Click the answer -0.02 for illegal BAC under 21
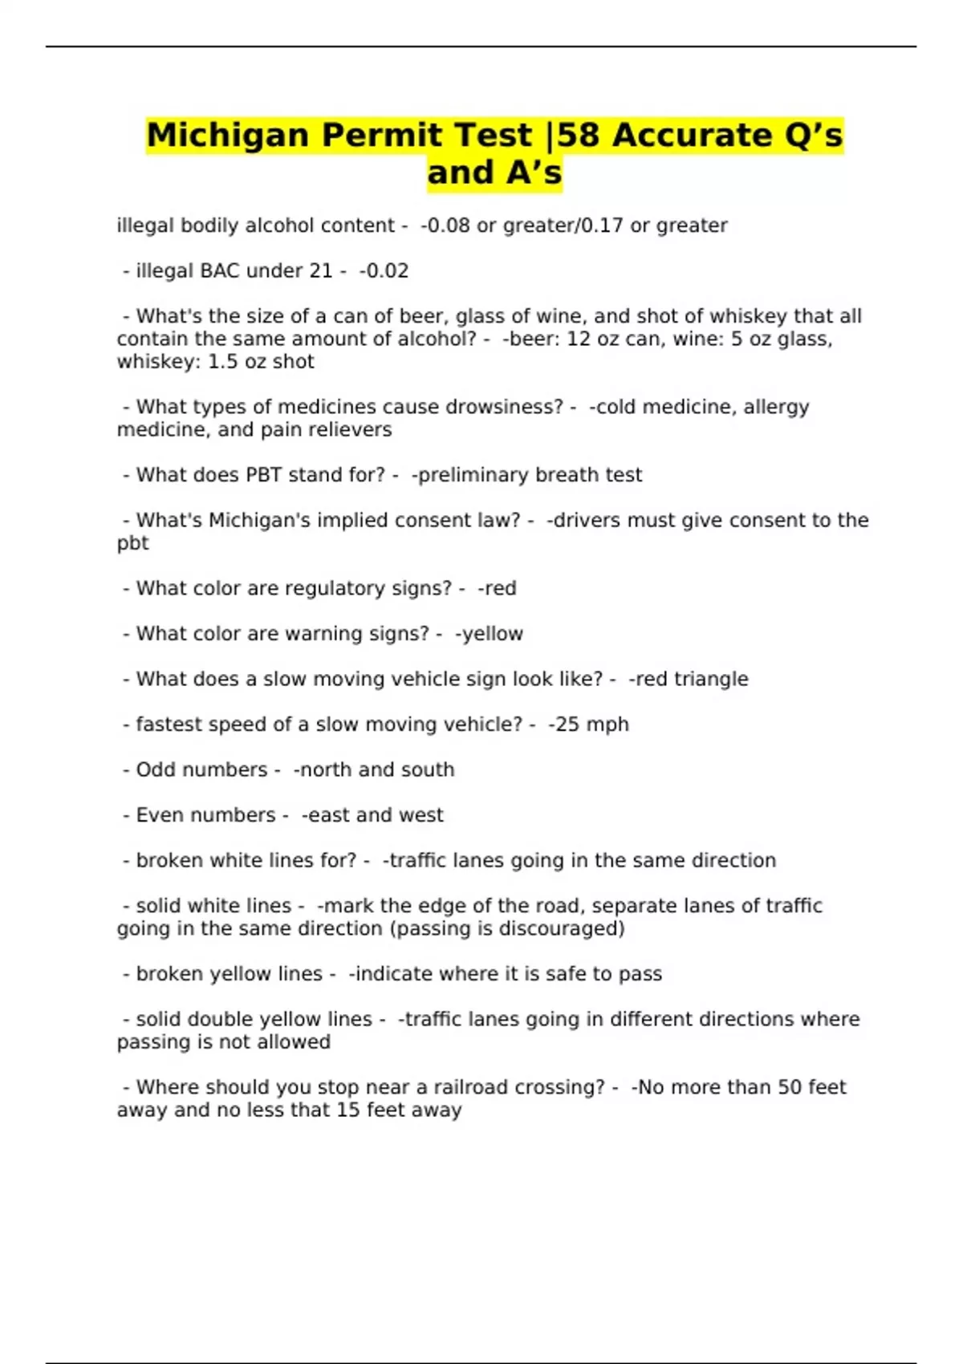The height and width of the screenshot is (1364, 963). pos(384,271)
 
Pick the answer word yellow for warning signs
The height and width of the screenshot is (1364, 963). pos(490,634)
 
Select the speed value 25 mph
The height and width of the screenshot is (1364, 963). pos(591,725)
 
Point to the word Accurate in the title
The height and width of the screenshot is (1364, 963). pos(681,136)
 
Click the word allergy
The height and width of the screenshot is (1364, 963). pos(776,407)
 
